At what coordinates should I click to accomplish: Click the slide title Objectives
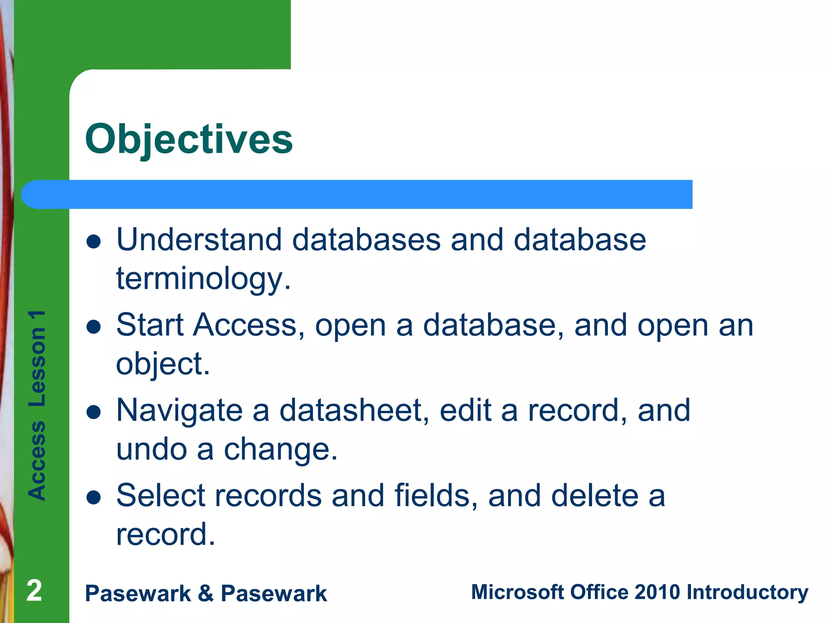click(189, 139)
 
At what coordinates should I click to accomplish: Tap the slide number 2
click(34, 591)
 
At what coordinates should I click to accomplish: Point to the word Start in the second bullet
click(150, 325)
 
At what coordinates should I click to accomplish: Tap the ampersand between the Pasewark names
click(206, 593)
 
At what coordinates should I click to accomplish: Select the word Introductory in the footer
click(747, 593)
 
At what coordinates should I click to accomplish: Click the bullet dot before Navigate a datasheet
click(94, 412)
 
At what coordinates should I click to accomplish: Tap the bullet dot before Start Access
click(94, 327)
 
